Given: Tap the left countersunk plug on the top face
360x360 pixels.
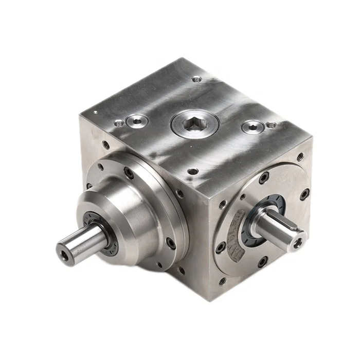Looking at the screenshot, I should [x=137, y=121].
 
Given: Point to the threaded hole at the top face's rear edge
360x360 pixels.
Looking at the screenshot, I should [x=196, y=79].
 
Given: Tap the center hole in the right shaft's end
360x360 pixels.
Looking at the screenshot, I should [x=298, y=242].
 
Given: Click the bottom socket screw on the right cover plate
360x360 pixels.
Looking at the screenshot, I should [x=263, y=261].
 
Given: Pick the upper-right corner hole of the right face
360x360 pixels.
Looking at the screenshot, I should [x=300, y=157].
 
